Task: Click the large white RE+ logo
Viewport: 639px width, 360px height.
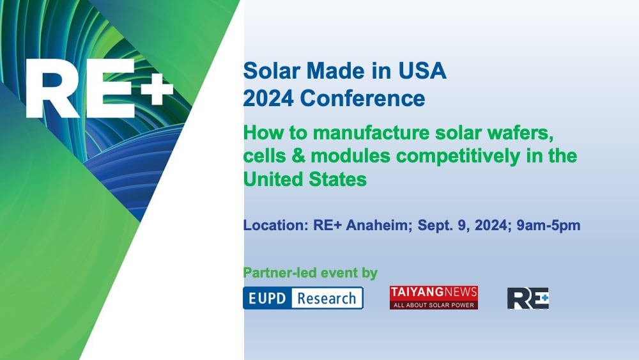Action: (x=100, y=88)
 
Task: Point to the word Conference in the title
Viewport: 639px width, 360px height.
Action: (x=362, y=98)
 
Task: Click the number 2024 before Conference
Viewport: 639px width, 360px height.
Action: (x=268, y=98)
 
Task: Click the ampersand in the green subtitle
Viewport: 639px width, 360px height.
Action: (x=298, y=156)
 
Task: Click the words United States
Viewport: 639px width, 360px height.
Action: (x=305, y=180)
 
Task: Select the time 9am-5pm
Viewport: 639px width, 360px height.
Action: (x=548, y=226)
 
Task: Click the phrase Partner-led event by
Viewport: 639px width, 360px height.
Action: (x=310, y=273)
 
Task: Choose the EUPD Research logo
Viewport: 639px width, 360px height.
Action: (x=303, y=298)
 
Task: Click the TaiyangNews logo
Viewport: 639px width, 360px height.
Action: (x=434, y=297)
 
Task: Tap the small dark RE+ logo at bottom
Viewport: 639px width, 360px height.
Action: (x=528, y=298)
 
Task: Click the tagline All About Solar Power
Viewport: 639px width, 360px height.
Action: (x=434, y=304)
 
